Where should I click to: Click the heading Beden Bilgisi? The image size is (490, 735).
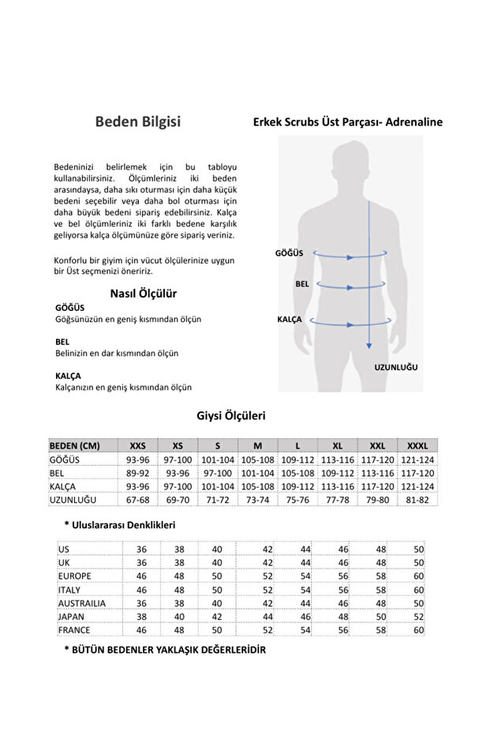click(x=137, y=122)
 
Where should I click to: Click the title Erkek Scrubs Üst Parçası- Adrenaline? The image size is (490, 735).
click(x=347, y=122)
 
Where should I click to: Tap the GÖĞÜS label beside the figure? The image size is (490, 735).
click(x=289, y=253)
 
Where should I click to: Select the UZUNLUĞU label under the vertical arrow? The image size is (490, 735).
click(x=395, y=368)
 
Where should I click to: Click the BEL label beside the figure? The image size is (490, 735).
click(x=301, y=283)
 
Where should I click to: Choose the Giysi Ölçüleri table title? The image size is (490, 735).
click(x=230, y=415)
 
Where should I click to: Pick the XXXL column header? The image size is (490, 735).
click(x=417, y=444)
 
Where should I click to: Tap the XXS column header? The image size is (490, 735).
click(x=137, y=444)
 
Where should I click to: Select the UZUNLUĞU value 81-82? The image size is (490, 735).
click(x=417, y=501)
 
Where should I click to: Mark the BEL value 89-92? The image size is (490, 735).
click(x=137, y=473)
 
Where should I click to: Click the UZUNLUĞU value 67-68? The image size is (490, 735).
click(x=137, y=501)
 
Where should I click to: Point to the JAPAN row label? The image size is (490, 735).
click(x=73, y=617)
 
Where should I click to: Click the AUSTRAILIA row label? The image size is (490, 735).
click(x=82, y=603)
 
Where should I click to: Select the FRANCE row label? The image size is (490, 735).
click(x=74, y=630)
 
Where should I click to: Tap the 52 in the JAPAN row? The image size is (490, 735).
click(x=418, y=617)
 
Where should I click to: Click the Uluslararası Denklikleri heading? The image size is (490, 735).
click(x=119, y=525)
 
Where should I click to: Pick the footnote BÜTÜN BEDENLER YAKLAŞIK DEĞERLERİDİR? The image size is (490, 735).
click(x=165, y=650)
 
